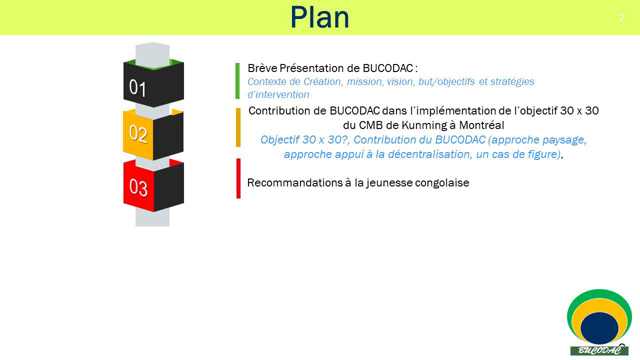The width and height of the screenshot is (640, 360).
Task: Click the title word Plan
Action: click(319, 17)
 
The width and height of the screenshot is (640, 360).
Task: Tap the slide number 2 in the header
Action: click(621, 17)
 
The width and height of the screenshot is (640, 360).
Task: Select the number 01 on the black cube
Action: click(137, 87)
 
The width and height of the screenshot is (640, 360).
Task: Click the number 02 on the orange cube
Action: click(138, 133)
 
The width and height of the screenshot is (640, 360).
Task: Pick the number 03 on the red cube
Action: click(138, 187)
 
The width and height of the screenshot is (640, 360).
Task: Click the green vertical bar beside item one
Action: click(237, 81)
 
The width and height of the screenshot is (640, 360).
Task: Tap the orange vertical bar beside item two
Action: click(238, 127)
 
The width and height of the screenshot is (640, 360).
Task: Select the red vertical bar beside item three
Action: click(238, 178)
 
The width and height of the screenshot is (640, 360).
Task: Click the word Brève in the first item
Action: click(262, 68)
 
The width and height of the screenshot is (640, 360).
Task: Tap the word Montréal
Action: click(481, 125)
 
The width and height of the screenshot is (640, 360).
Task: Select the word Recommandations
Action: click(295, 183)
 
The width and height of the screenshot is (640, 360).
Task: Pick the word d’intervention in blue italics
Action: click(278, 94)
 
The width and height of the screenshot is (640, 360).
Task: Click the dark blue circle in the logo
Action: click(599, 328)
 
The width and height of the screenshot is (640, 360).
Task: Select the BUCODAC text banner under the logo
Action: click(599, 350)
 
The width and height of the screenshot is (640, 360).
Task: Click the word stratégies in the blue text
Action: click(512, 82)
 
